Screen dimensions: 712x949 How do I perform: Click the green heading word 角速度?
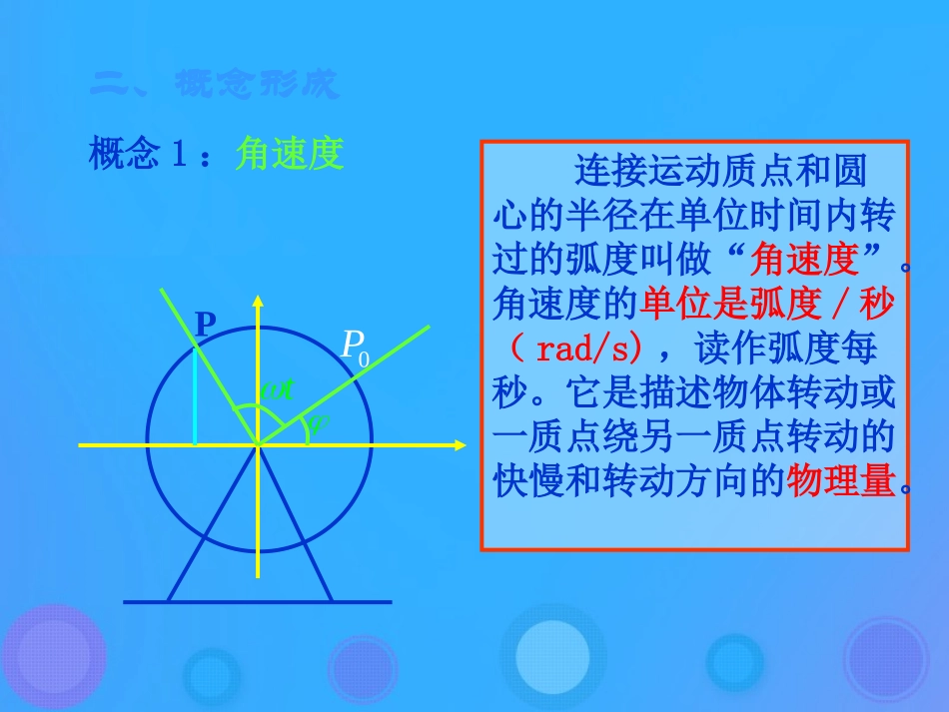pos(290,154)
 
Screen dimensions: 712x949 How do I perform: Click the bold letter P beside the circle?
pos(205,324)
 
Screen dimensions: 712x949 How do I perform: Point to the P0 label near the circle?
pos(355,346)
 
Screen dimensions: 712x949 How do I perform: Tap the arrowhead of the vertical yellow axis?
pos(258,301)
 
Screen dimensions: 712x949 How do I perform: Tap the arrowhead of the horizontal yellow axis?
pos(459,443)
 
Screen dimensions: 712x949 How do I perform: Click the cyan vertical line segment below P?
pos(195,394)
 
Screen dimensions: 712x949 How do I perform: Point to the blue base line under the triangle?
pos(257,601)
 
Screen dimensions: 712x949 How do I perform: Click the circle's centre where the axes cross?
pos(258,443)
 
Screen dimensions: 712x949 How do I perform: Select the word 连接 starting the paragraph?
pos(601,171)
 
